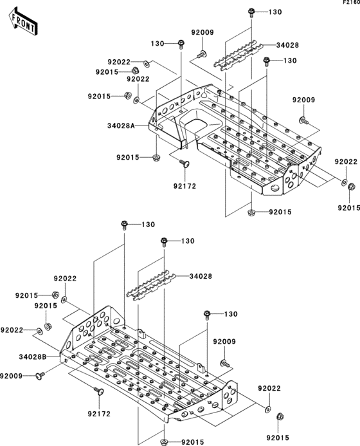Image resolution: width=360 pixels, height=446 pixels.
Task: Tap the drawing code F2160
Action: coord(350,3)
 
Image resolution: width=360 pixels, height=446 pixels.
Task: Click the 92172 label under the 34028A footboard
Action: coord(184,186)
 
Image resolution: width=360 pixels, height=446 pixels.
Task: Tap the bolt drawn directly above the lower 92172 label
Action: coord(98,392)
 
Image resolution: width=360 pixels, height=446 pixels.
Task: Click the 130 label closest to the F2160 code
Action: coord(274,12)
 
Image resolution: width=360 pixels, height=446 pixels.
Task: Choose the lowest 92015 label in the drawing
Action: coord(192,442)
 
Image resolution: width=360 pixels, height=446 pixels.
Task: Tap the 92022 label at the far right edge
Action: coord(346,162)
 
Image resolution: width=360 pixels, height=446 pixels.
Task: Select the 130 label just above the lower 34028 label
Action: coord(187,241)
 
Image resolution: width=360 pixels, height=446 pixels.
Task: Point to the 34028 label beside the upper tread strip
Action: coord(287,46)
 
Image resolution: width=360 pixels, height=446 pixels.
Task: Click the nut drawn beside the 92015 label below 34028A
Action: coord(157,157)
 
